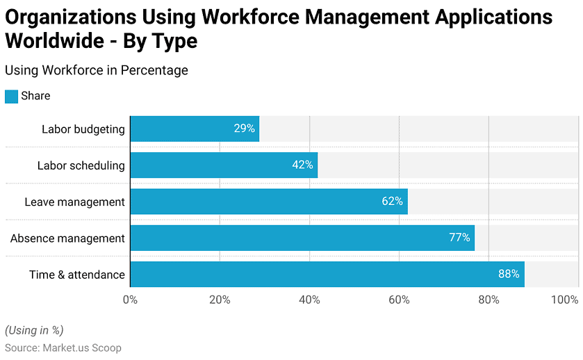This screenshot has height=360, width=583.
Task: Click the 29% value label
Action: [245, 129]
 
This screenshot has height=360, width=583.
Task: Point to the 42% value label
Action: [302, 165]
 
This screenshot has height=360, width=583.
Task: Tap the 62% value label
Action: [392, 202]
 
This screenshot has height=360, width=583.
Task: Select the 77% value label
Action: [459, 238]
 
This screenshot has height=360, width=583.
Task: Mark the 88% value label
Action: [509, 274]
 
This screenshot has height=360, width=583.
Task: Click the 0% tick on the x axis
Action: [130, 300]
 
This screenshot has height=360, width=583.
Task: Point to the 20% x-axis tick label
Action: [220, 300]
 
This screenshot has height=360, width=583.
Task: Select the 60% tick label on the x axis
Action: [399, 300]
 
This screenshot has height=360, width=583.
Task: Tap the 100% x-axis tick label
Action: [564, 300]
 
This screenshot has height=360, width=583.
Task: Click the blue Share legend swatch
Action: [11, 97]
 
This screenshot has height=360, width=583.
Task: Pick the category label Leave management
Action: [74, 202]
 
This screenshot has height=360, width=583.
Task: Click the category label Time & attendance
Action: [77, 275]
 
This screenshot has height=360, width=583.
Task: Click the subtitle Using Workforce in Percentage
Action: [96, 70]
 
